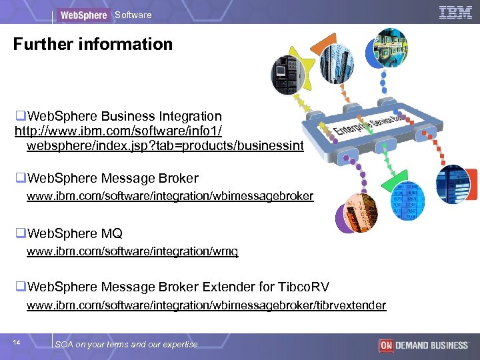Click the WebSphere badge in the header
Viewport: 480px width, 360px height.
tap(83, 15)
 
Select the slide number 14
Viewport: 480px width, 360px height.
tap(17, 343)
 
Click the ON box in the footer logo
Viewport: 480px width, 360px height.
tap(385, 345)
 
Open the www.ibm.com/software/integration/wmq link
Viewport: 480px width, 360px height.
tap(132, 251)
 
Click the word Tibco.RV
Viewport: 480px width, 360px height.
tap(302, 287)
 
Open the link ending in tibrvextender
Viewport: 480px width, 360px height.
tap(206, 305)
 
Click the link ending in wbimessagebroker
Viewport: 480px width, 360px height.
tap(170, 196)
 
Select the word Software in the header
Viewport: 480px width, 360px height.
tap(133, 15)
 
